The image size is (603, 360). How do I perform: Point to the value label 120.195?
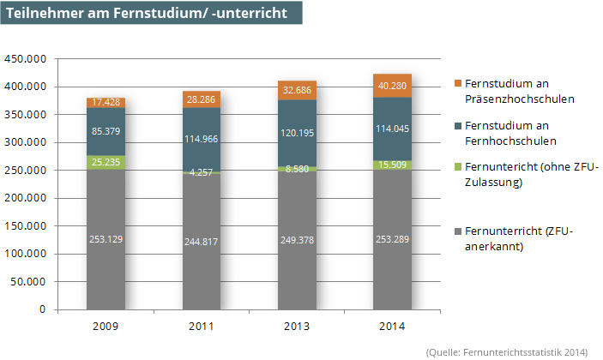[296, 134]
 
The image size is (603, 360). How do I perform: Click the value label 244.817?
[201, 242]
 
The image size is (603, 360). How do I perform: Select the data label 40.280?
[391, 85]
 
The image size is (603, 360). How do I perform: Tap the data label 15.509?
[391, 165]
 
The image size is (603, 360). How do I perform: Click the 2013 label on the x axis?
[296, 327]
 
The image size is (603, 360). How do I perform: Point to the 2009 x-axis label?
[106, 327]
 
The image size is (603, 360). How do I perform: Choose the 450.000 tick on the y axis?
[25, 59]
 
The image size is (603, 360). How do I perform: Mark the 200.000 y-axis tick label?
[25, 198]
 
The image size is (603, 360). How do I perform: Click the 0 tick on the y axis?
[42, 309]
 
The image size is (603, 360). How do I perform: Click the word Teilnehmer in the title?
[39, 14]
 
